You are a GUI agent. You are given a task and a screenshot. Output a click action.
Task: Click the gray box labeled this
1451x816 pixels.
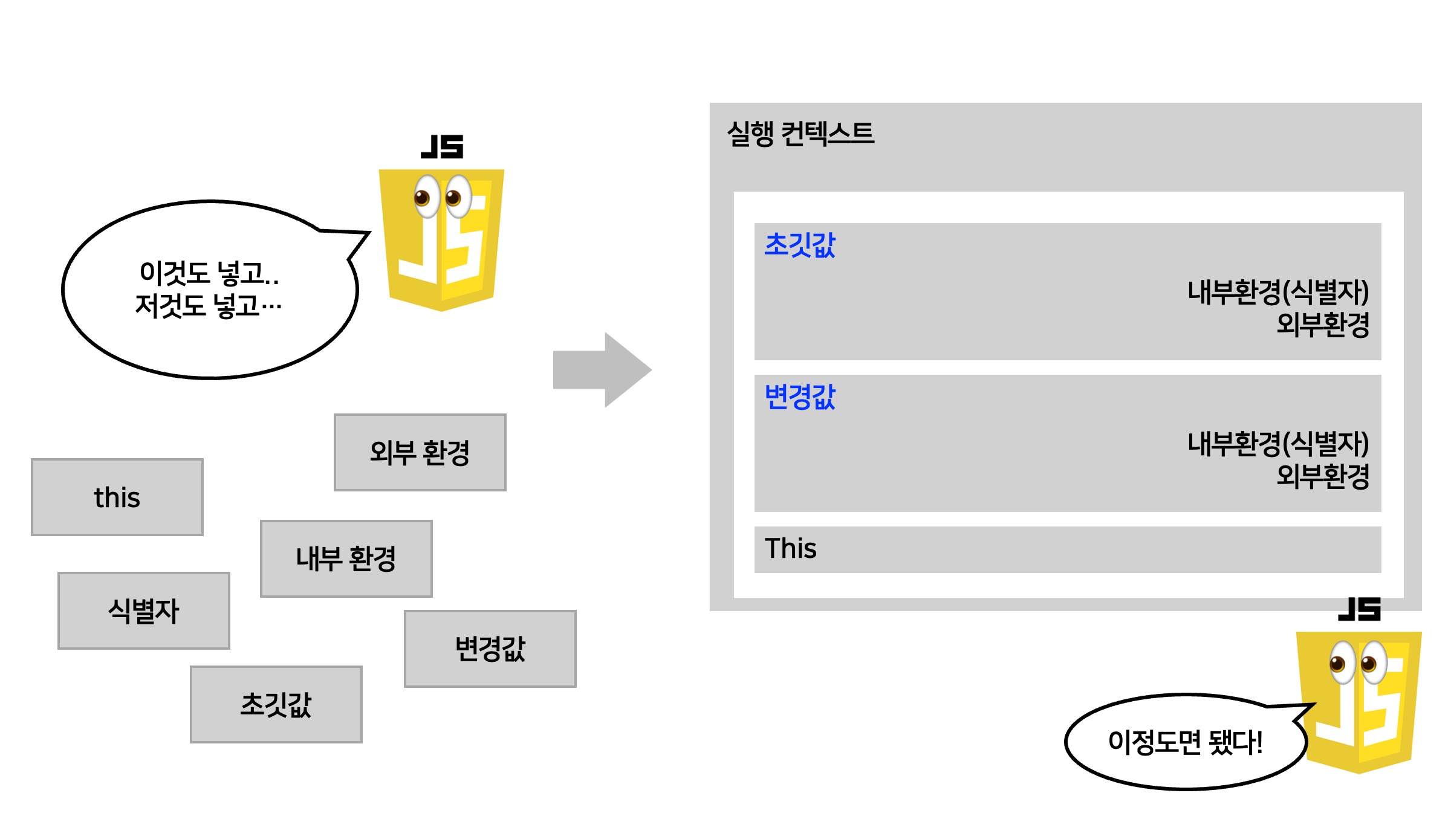coord(117,497)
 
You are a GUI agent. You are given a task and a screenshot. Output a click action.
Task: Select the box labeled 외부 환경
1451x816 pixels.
coord(420,452)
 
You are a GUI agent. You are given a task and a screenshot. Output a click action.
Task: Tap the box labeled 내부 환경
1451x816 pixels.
coord(346,559)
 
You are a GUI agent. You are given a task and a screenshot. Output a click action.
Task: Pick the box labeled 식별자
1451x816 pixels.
coord(144,610)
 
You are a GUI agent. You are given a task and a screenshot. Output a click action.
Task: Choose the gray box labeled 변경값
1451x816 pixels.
coord(490,649)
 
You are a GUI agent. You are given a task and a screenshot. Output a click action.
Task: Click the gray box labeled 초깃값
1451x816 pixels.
coord(276,704)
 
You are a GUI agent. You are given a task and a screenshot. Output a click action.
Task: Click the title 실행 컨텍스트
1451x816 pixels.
coord(800,134)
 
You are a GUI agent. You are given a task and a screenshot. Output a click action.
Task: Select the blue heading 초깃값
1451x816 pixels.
coord(799,245)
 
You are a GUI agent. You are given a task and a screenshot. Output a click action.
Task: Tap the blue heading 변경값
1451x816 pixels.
coord(799,397)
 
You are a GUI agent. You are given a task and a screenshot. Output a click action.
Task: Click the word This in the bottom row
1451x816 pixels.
coord(790,549)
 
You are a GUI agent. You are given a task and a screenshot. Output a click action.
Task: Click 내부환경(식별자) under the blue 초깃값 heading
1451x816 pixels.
coord(1277,292)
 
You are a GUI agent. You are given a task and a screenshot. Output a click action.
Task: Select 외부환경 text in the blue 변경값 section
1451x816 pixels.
coord(1322,476)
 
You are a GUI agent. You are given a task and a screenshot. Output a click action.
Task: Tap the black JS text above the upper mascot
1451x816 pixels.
coord(442,147)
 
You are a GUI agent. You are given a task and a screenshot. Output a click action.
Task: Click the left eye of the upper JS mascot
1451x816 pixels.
coord(426,196)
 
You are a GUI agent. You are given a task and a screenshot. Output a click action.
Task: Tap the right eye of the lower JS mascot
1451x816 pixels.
coord(1373,662)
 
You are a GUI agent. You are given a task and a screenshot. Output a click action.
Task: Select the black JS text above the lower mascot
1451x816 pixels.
coord(1359,609)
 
